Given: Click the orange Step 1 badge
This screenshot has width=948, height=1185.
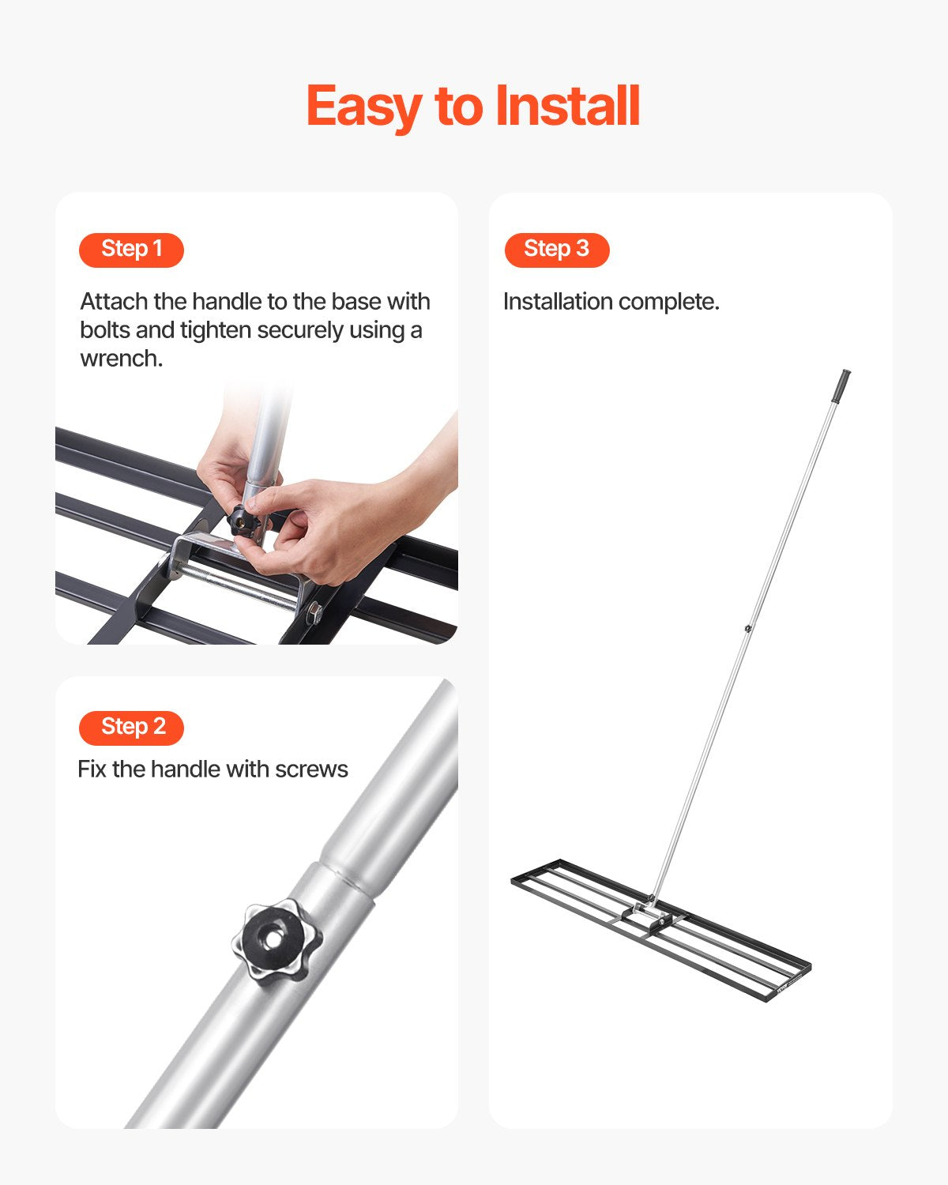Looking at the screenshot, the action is point(131,250).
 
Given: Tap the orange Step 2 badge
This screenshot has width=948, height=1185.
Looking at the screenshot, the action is point(131,728).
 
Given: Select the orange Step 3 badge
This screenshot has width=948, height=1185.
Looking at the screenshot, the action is point(557,250).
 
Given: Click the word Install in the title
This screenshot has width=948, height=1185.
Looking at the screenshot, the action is point(567,106).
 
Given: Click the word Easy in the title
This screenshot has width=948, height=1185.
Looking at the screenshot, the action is point(364,108).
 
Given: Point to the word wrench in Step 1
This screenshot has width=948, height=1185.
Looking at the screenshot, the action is point(120,359).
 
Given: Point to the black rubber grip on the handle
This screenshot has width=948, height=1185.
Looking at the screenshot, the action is point(843,386).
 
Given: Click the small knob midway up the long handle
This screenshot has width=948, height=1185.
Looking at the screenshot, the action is point(747,628).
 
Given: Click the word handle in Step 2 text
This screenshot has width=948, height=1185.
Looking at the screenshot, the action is point(186,769).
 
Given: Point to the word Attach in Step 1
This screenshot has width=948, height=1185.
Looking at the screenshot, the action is point(115,302).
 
